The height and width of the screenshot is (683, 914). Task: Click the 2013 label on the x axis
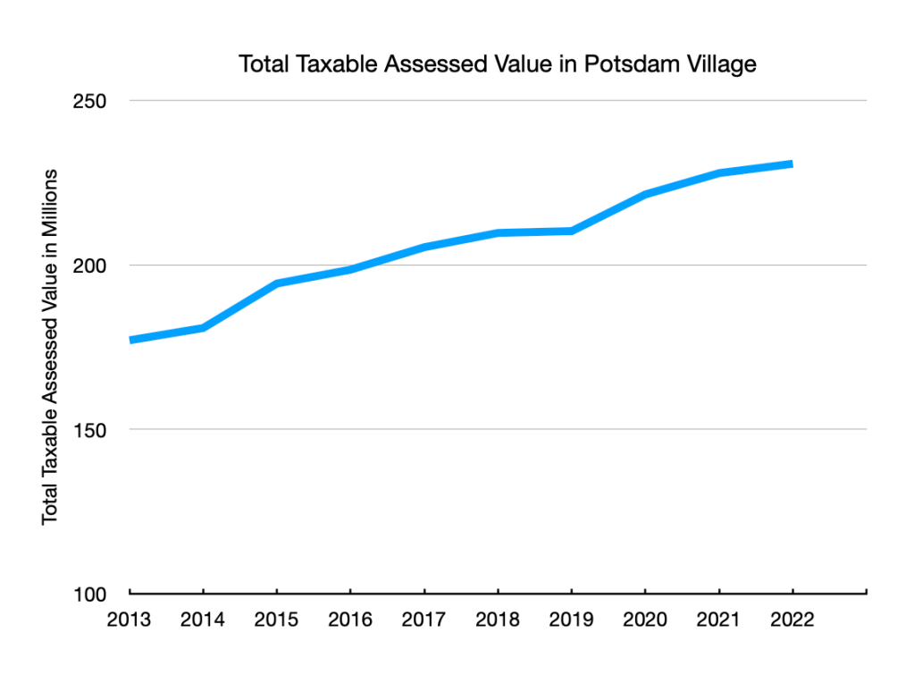point(130,620)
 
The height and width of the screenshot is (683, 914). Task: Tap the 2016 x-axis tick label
point(350,620)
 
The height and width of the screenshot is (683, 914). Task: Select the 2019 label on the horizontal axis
point(571,620)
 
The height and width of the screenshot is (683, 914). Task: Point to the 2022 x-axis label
point(792,620)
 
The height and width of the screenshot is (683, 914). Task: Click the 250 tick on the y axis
point(89,100)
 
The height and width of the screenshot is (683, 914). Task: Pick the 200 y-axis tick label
point(89,266)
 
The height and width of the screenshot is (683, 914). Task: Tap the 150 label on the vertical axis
point(89,429)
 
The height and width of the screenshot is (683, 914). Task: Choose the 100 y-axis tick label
point(89,594)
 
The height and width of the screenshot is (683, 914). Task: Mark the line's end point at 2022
point(792,164)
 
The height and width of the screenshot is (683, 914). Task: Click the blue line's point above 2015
point(277,283)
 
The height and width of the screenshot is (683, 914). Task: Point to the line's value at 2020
point(644,194)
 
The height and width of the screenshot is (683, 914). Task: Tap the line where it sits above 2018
point(498,232)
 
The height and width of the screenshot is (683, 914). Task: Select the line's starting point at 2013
point(131,340)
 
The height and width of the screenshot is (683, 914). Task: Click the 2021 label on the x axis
point(718,620)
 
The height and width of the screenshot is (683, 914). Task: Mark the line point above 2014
point(204,328)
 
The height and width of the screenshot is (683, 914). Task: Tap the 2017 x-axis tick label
point(424,620)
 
